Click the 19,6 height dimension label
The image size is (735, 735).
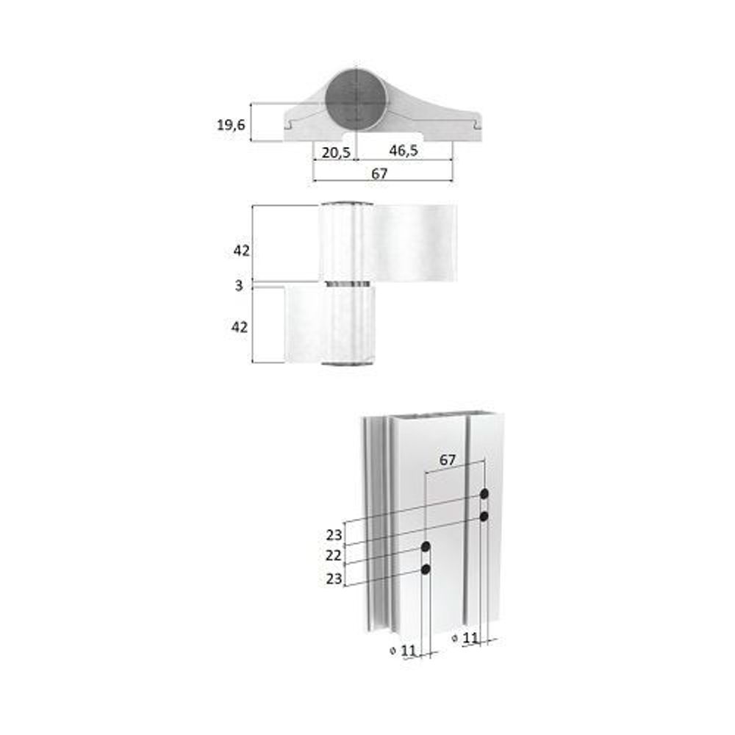(x=230, y=125)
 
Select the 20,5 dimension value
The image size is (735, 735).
(x=335, y=151)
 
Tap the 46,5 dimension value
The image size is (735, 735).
(x=404, y=151)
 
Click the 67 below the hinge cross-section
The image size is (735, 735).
(x=379, y=173)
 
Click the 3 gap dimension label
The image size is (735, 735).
(x=239, y=285)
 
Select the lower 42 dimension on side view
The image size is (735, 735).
(x=240, y=328)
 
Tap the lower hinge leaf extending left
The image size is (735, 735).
(x=305, y=324)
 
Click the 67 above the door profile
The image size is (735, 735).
(x=448, y=460)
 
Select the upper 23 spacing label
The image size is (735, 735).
(x=334, y=534)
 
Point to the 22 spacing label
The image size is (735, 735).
(x=334, y=556)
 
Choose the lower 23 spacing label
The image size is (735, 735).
(x=334, y=578)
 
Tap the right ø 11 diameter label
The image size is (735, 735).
(x=465, y=638)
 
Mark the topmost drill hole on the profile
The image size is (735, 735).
(x=484, y=493)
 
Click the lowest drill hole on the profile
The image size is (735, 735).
(x=426, y=569)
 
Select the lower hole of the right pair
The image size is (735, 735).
(x=484, y=517)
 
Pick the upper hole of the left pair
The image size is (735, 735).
(x=426, y=547)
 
